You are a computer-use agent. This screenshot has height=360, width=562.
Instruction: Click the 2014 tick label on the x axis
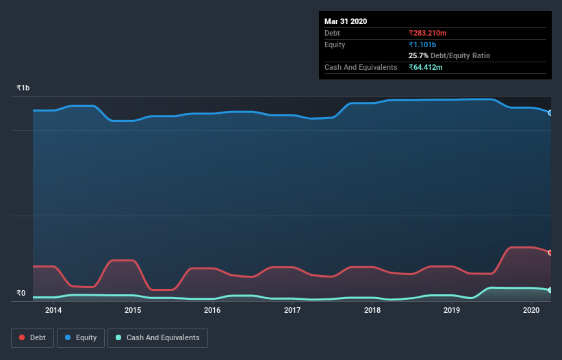(x=53, y=311)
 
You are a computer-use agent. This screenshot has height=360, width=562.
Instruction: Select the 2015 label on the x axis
(x=133, y=311)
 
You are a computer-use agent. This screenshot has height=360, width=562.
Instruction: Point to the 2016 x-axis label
(x=212, y=311)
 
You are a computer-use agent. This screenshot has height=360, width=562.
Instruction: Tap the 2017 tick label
(x=292, y=311)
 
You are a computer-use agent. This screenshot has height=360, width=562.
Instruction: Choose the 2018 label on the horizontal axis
(x=372, y=311)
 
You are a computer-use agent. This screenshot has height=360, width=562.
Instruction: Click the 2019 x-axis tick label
(x=452, y=311)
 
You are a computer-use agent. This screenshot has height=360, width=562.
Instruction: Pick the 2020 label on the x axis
(x=532, y=311)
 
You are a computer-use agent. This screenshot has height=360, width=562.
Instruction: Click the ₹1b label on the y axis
(x=23, y=88)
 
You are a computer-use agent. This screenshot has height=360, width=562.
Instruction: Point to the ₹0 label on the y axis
(x=21, y=294)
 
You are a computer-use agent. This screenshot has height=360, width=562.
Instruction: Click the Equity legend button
(x=81, y=337)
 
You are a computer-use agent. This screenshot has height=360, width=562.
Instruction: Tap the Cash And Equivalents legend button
(x=157, y=337)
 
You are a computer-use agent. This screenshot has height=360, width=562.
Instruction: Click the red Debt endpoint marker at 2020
(x=550, y=253)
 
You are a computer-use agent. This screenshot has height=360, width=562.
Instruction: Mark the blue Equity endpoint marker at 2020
(x=550, y=112)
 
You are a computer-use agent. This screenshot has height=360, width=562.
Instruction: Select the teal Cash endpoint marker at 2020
(x=550, y=290)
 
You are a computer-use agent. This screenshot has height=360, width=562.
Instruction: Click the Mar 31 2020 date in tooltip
(x=346, y=21)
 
